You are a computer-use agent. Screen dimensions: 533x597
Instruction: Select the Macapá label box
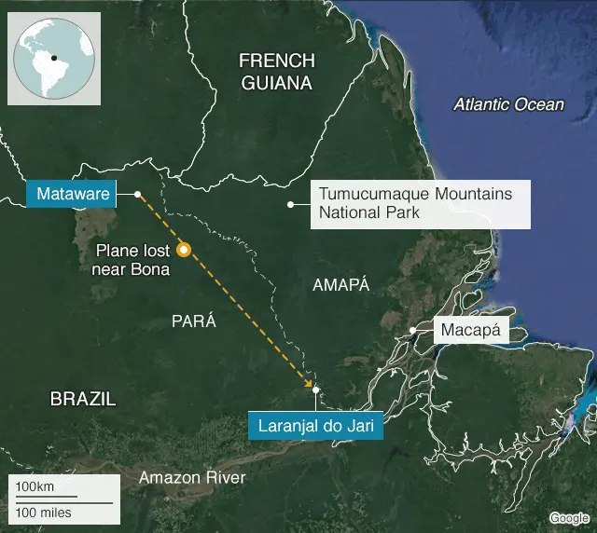click(x=471, y=330)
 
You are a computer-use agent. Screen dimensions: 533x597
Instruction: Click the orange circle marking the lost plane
click(x=184, y=249)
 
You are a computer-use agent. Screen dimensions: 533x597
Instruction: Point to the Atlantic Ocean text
click(x=508, y=104)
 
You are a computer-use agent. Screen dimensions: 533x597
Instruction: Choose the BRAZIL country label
click(x=83, y=399)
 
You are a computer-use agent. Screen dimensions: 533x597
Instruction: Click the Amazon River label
click(x=192, y=478)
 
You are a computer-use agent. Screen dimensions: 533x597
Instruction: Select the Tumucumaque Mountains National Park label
click(x=416, y=203)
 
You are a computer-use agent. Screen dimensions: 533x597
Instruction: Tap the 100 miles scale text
click(x=43, y=512)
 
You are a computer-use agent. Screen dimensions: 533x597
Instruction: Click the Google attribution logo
click(x=568, y=518)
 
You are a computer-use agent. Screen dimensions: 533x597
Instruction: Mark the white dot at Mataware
click(x=137, y=194)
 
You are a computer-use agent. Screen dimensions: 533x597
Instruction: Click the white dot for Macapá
click(x=412, y=331)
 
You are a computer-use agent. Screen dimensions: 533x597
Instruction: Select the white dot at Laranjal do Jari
click(x=316, y=389)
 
